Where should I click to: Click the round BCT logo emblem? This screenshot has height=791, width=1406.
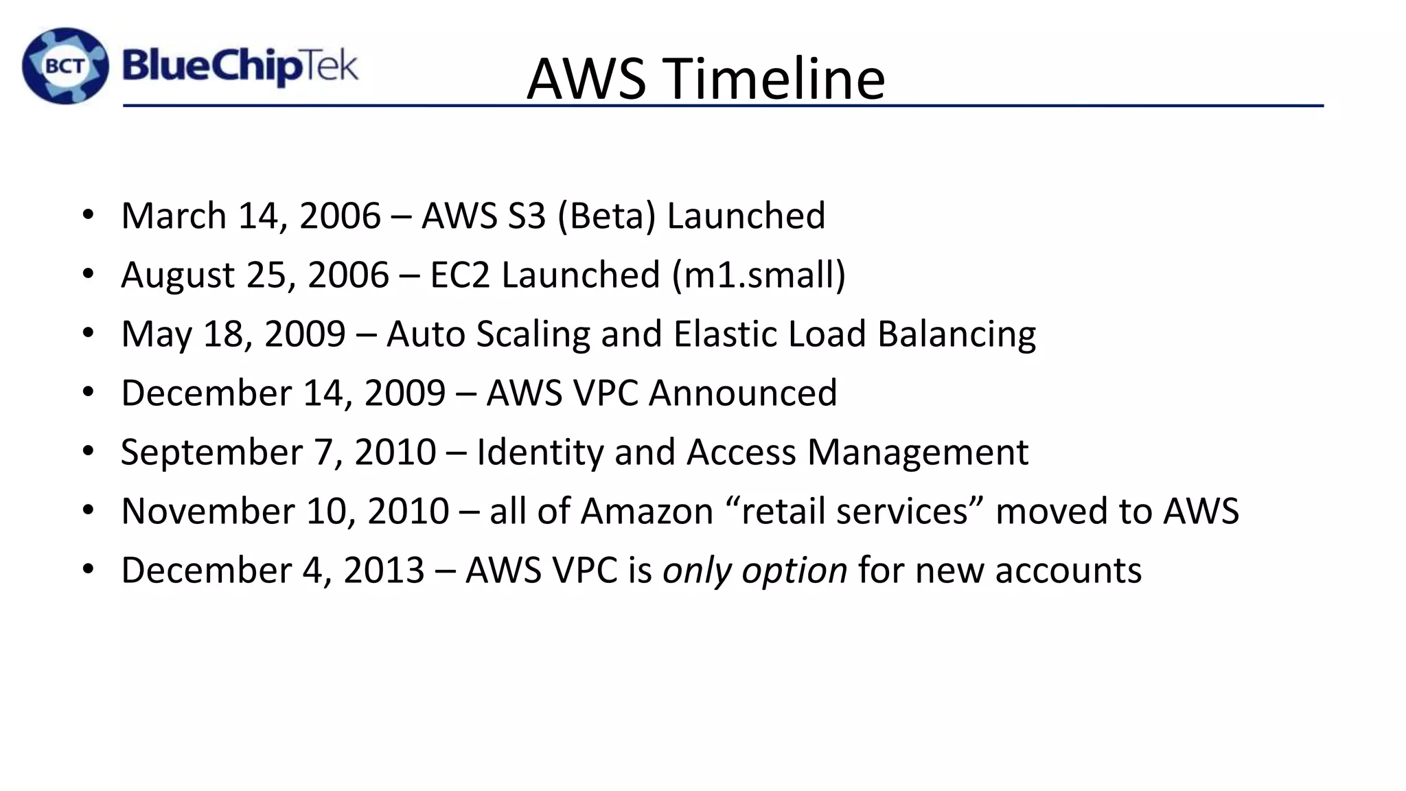(66, 66)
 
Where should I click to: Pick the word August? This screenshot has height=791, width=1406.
(178, 276)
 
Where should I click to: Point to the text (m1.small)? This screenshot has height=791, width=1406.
(759, 275)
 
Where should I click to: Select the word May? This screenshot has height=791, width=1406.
(157, 335)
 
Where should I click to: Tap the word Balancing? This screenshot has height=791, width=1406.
(956, 335)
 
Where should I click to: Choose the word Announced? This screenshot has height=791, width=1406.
(743, 393)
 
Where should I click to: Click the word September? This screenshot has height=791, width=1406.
(211, 453)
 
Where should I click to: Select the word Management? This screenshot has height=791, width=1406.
(918, 453)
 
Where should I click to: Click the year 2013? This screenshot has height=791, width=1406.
(384, 571)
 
